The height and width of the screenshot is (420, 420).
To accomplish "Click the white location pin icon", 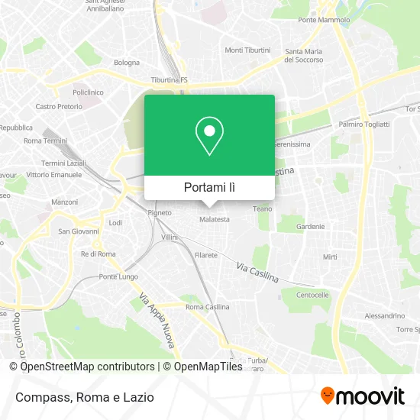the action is coord(209,137).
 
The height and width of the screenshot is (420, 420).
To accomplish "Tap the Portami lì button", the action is coord(209,186).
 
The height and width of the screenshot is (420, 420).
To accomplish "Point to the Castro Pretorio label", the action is coord(57,107).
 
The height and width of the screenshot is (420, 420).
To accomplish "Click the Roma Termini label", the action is coord(45,141).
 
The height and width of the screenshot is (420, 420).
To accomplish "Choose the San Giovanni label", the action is coord(79,231).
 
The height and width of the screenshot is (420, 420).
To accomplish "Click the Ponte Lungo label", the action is coord(118,276).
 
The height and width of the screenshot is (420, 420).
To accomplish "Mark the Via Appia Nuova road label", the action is coord(157,321).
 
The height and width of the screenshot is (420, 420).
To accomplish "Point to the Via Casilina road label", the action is coord(257,271).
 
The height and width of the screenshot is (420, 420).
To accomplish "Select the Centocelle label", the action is coord(312,295).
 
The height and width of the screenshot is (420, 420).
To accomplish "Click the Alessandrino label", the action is coord(384,315).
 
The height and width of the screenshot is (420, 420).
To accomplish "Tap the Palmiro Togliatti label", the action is coord(363,124).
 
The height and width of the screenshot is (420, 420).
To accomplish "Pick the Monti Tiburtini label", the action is coord(247,50).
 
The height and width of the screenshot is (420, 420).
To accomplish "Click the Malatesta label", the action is coord(214,219).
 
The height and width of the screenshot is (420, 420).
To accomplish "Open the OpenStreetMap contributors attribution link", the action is coord(86,367).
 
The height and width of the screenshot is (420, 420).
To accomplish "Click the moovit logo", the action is coord(362,396).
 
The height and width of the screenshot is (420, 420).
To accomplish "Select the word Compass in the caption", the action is coord(42,398).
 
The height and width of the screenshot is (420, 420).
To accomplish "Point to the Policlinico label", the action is coord(87,92).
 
